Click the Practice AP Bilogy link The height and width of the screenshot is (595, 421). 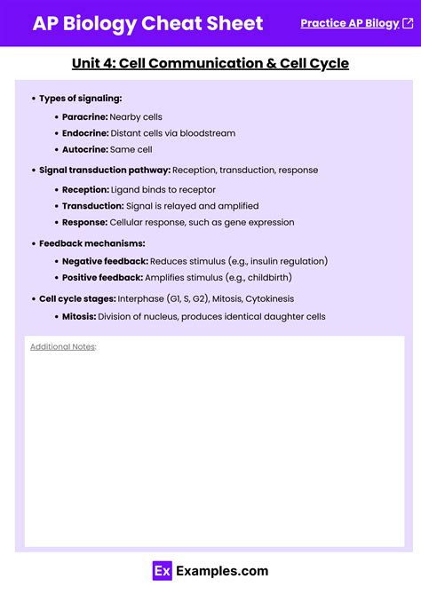coord(349,23)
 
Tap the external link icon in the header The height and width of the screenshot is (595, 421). coord(408,23)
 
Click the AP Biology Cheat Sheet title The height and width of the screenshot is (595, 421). coord(147,23)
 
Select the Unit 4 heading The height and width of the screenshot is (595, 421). coord(210,63)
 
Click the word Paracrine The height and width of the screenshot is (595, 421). coord(84,117)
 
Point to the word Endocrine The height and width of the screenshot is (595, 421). coord(85,133)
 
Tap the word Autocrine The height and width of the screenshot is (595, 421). coord(85,149)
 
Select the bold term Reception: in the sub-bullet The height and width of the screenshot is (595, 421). coord(85,189)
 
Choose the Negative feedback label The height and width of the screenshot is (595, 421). coord(105,261)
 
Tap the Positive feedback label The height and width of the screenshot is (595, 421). coord(102,277)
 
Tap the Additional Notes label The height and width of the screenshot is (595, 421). coord(62,346)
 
